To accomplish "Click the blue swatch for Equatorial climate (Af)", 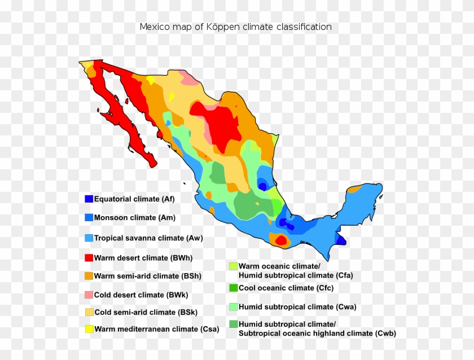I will (89, 199).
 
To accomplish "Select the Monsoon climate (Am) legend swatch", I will (89, 217).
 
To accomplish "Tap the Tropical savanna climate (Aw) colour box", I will (89, 238).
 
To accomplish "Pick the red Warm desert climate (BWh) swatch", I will (89, 258).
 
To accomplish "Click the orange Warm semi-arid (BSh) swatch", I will (89, 276).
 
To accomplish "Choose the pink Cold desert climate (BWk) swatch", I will (89, 295).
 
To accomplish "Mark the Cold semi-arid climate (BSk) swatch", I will (89, 312).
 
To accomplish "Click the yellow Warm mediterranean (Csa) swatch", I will (89, 329).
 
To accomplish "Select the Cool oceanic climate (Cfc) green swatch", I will (233, 288).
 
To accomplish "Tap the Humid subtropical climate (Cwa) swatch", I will (233, 307).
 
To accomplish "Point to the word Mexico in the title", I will (153, 27).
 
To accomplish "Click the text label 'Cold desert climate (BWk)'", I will (141, 295).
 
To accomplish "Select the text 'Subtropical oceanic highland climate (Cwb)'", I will (317, 333).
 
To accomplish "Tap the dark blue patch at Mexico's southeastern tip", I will (341, 240).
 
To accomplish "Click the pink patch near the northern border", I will (190, 78).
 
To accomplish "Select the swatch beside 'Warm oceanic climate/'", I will (233, 266).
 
